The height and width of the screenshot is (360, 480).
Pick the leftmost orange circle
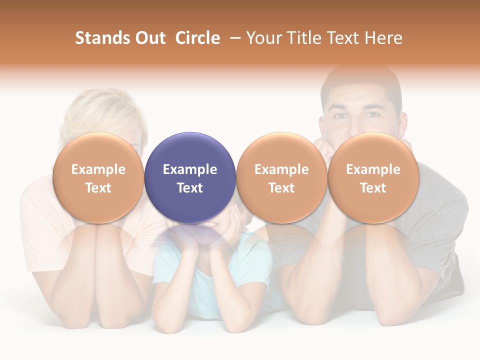click(98, 177)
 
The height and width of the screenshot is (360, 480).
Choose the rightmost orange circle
click(373, 177)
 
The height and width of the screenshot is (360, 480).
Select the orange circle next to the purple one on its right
click(281, 177)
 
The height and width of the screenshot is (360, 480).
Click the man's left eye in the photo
click(372, 115)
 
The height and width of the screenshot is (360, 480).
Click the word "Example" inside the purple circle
click(190, 169)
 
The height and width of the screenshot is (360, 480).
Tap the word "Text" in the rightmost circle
click(373, 188)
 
